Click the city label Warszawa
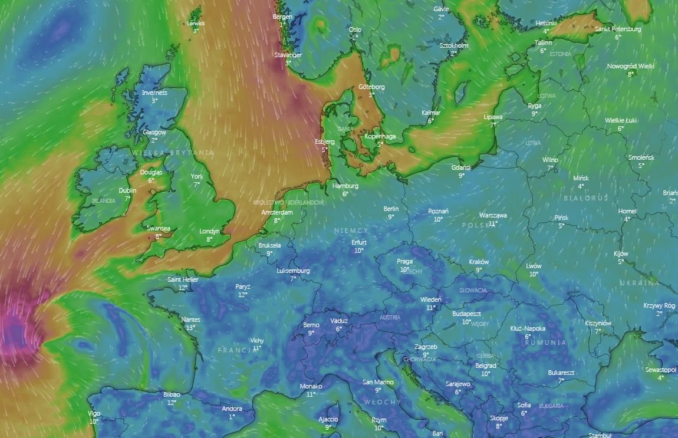click(493, 215)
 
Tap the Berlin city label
click(391, 209)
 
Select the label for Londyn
click(209, 231)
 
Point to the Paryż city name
click(242, 286)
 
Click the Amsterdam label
click(277, 212)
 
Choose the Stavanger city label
click(288, 55)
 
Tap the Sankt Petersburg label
click(618, 29)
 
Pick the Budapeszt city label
click(466, 314)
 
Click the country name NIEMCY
click(351, 231)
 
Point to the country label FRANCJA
click(235, 350)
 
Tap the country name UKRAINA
click(639, 284)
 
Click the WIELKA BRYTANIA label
click(173, 153)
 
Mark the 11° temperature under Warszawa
click(493, 223)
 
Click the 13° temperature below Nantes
click(190, 327)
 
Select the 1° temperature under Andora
click(232, 416)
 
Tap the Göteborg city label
click(371, 87)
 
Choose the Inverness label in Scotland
click(154, 93)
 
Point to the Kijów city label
click(621, 253)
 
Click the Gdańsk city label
click(461, 167)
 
